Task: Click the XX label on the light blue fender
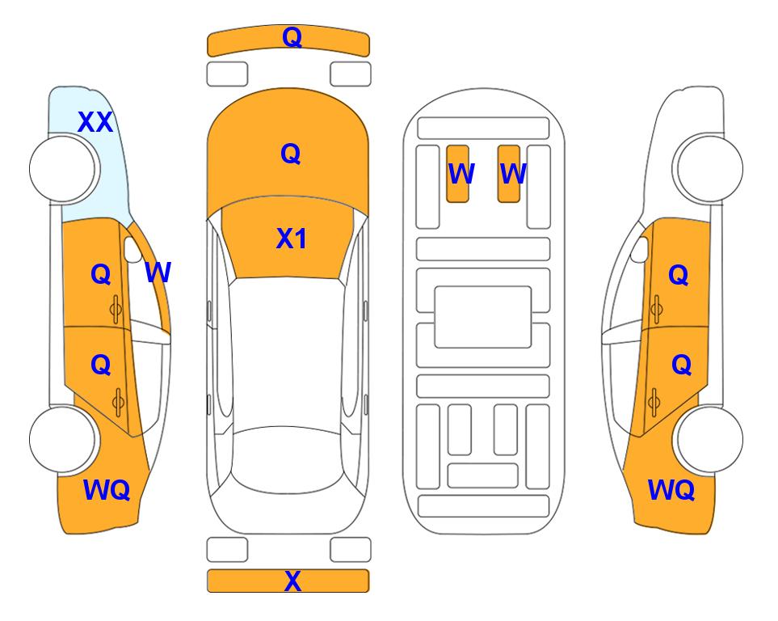tap(95, 122)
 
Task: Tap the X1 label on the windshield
tap(292, 239)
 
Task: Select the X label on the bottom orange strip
tap(292, 581)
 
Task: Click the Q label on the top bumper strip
tap(292, 37)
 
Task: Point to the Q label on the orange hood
tap(291, 154)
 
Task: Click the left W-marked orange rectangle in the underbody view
tap(457, 174)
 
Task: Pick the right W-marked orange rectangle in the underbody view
tap(509, 174)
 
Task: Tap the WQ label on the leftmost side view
tap(107, 490)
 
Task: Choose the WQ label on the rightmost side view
tap(671, 490)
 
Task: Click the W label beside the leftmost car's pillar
tap(158, 272)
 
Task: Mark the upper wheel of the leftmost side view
tap(62, 169)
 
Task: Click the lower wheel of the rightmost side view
tap(710, 439)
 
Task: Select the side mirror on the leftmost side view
tap(132, 249)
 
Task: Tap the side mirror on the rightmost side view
tap(640, 249)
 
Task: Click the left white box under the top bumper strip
tap(227, 74)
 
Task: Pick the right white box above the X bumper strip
tap(351, 550)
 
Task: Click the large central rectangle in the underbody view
tap(483, 317)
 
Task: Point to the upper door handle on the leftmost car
tap(116, 310)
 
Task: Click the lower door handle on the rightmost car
tap(655, 403)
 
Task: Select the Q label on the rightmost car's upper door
tap(679, 275)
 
